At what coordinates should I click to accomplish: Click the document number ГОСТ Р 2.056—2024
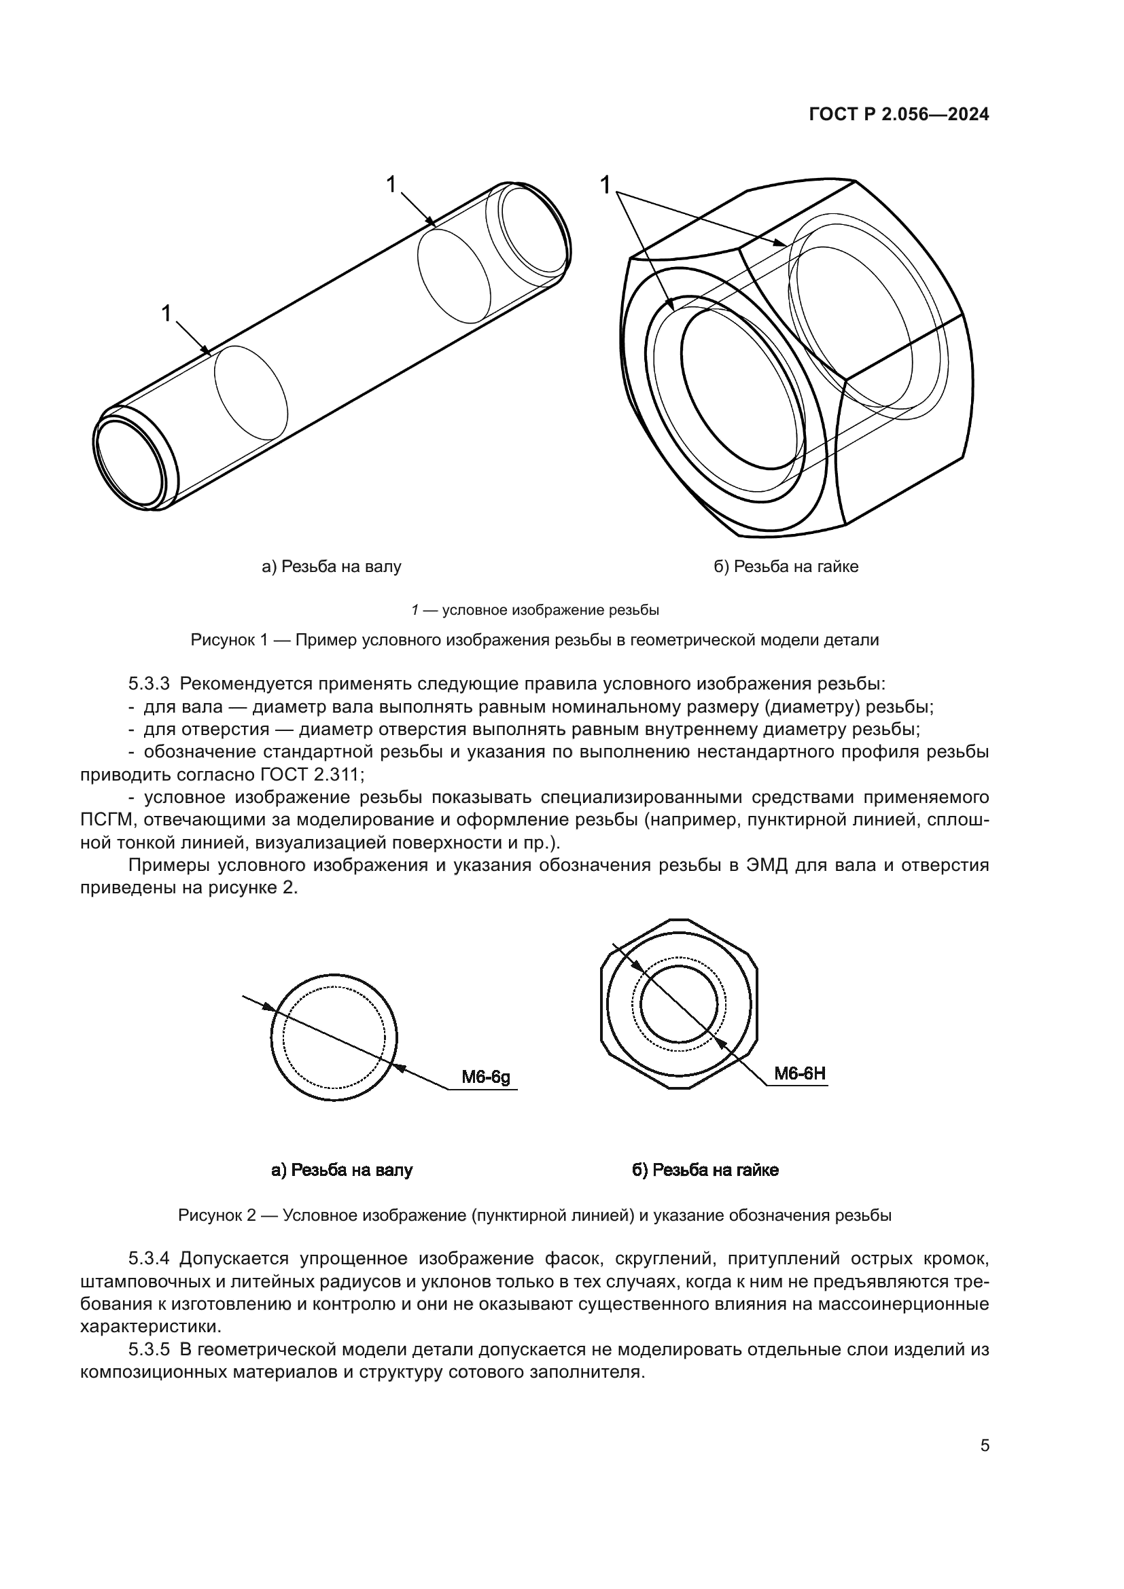coord(898,115)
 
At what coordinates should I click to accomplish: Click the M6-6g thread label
coord(486,1077)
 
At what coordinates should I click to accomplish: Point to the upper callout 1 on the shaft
coord(391,184)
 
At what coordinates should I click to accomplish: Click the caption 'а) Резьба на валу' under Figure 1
coord(332,567)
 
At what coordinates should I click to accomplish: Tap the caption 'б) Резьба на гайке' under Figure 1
coord(786,567)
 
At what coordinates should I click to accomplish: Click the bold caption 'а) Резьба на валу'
coord(342,1171)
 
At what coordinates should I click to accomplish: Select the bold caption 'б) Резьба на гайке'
coord(705,1171)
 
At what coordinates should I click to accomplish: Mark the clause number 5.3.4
coord(149,1257)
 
